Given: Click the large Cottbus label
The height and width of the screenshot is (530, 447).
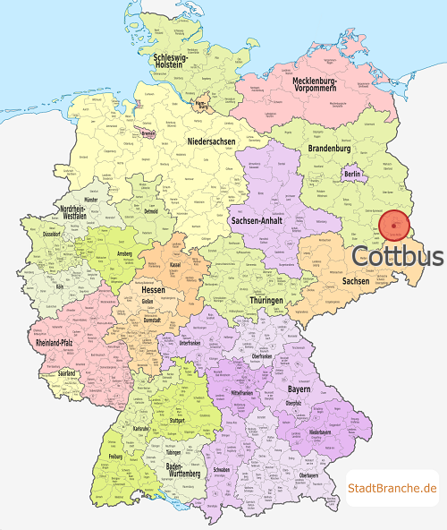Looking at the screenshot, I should pos(397,256).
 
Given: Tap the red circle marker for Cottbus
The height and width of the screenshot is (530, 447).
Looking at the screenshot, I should pos(394,226).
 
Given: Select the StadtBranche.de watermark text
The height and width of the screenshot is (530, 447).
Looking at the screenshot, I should pos(392,488).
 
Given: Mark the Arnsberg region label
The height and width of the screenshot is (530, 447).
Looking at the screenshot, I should pos(125,253).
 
